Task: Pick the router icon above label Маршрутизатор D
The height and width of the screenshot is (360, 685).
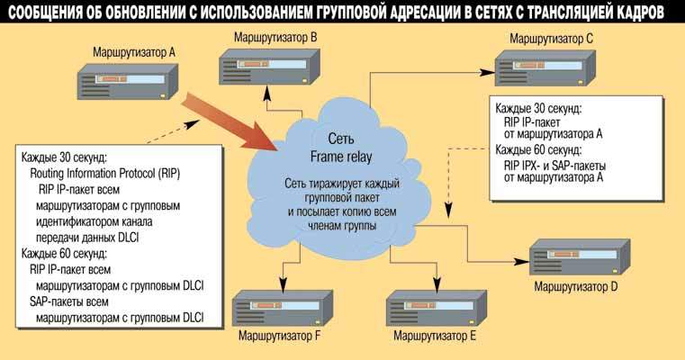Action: tap(576, 257)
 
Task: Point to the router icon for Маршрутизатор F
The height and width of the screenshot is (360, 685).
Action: tap(280, 309)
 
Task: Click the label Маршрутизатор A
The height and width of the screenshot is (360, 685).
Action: tap(133, 52)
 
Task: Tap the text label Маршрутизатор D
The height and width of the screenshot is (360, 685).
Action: tap(575, 286)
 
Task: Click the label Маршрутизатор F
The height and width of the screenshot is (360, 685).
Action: tap(279, 337)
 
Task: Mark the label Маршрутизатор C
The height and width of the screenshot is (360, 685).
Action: tap(551, 39)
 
